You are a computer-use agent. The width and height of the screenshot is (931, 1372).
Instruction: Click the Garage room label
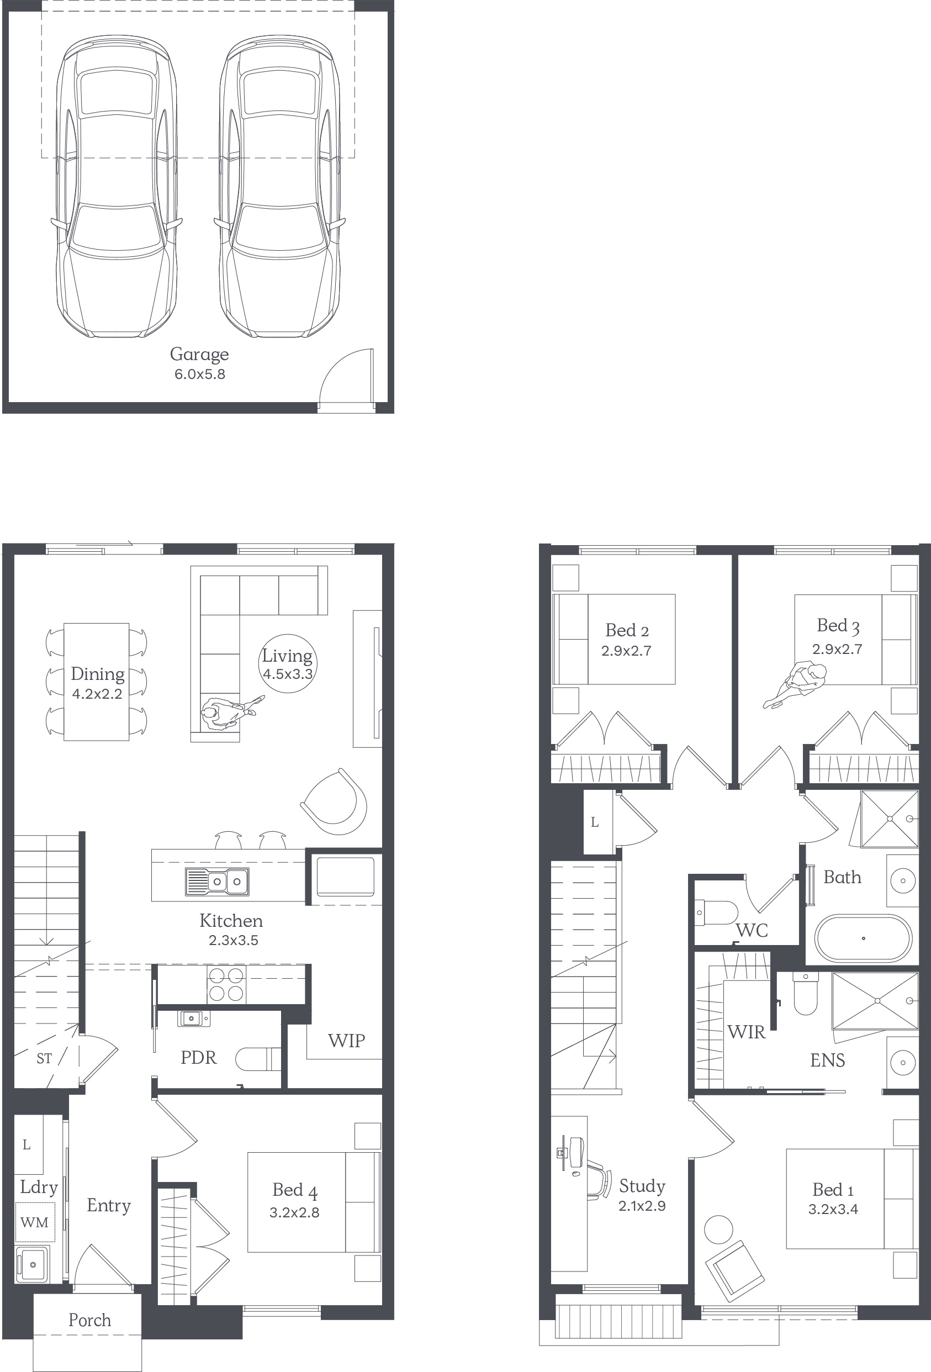pos(199,354)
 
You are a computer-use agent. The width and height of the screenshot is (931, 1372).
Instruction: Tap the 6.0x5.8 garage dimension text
pos(199,374)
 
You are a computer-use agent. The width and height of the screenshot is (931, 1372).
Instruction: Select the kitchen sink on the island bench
pos(216,882)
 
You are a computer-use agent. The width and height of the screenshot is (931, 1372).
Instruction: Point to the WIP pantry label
pos(347,1040)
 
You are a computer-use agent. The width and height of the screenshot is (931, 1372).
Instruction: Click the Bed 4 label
pos(295,1190)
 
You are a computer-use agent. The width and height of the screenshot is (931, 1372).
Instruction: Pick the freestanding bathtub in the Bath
pos(863,938)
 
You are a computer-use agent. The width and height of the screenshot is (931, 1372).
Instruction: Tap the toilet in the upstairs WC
pos(716,912)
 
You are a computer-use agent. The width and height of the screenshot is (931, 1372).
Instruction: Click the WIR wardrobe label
pos(746,1032)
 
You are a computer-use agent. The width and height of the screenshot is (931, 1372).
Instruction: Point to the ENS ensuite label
pos(827,1060)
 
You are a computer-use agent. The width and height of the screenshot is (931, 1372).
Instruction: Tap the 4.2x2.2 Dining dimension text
pos(97,694)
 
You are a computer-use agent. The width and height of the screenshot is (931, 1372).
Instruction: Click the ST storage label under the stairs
pos(44,1058)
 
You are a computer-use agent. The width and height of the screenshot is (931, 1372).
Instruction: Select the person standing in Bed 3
pos(795,685)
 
